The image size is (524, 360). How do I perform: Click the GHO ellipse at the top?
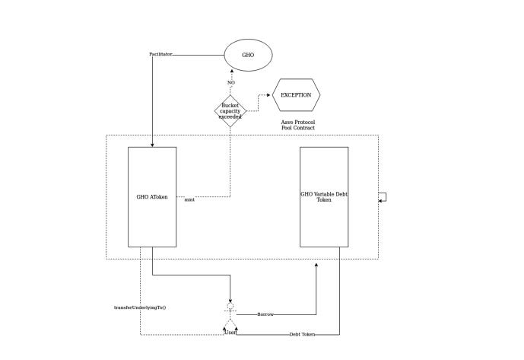248,55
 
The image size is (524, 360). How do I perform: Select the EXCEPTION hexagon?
296,95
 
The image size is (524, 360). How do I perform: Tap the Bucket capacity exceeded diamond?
230,111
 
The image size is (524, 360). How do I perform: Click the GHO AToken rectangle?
152,196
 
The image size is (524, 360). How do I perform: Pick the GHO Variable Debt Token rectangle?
324,196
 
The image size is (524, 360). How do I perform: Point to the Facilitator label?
161,55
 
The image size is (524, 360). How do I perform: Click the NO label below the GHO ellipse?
231,82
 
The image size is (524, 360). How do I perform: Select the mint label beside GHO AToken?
189,199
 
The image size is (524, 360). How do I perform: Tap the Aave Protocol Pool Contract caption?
298,125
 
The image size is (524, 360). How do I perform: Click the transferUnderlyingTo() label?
140,307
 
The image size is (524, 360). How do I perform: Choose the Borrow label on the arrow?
265,314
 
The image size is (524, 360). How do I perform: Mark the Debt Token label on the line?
302,335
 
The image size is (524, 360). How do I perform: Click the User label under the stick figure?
230,333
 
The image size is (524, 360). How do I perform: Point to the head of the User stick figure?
230,306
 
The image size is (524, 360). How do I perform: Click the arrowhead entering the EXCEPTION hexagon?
269,95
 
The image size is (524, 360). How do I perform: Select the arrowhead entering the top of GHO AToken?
152,145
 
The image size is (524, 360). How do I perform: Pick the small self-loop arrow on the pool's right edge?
384,197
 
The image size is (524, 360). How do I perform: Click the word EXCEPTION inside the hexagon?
296,95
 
